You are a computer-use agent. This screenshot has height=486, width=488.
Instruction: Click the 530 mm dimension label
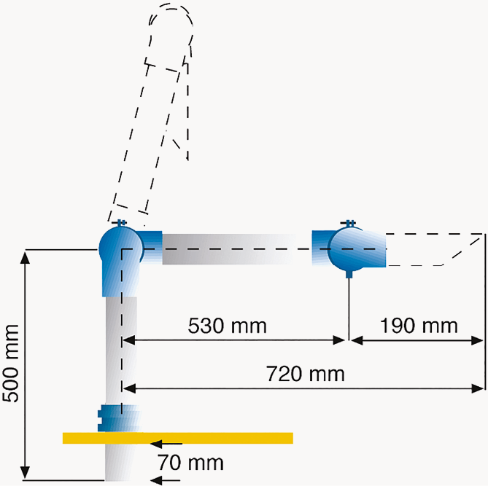click(x=227, y=325)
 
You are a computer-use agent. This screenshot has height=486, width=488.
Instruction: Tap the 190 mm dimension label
click(x=419, y=325)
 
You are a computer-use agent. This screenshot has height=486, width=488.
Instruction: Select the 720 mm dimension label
click(x=306, y=375)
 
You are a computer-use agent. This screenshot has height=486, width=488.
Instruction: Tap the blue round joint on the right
click(x=349, y=249)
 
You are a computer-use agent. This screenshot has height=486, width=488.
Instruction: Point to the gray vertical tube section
click(x=121, y=350)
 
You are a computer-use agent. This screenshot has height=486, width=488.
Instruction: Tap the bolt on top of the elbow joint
click(x=121, y=222)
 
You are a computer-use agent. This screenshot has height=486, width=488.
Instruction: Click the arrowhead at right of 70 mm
click(x=156, y=480)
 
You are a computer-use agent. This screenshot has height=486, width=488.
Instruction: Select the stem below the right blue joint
click(x=349, y=306)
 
